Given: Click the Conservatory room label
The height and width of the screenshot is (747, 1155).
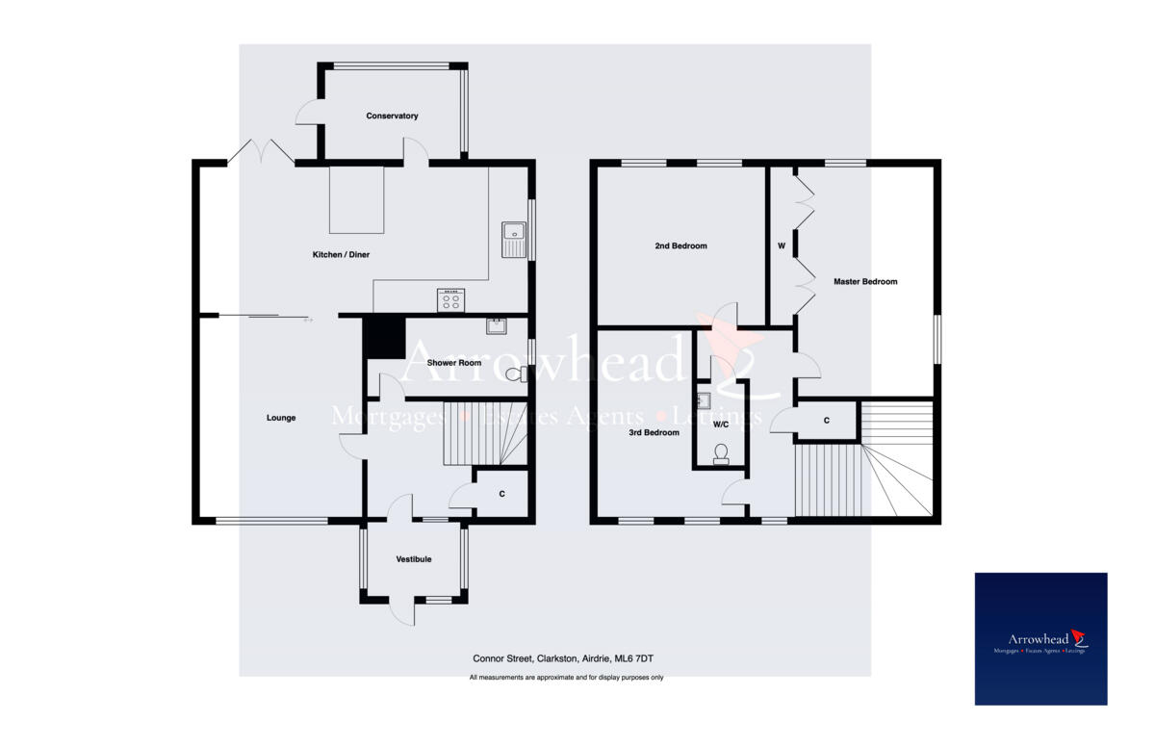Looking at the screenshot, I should click(392, 116).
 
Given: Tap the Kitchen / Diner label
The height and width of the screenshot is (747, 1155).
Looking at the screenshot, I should click(341, 255).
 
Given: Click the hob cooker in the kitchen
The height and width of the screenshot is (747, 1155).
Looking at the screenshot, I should click(450, 299).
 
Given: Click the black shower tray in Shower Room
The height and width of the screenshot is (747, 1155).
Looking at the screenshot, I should click(383, 337).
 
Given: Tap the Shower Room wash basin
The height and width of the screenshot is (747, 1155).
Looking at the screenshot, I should click(496, 325).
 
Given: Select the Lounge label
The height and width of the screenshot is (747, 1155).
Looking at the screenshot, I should click(281, 418).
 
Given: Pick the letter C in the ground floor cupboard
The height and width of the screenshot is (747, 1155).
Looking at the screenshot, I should click(501, 495).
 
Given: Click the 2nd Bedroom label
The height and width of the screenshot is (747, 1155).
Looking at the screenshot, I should click(680, 246).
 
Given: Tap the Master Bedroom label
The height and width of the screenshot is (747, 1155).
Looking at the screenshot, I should click(865, 282).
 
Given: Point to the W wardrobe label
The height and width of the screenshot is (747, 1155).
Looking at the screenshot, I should click(781, 246).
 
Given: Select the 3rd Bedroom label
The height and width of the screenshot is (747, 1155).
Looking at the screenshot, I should click(654, 433).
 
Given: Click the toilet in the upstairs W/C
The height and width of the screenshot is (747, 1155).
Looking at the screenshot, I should click(720, 453).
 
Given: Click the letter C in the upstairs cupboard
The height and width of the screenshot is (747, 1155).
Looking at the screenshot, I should click(827, 421).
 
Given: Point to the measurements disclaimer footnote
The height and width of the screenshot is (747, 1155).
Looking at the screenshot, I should click(566, 678).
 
